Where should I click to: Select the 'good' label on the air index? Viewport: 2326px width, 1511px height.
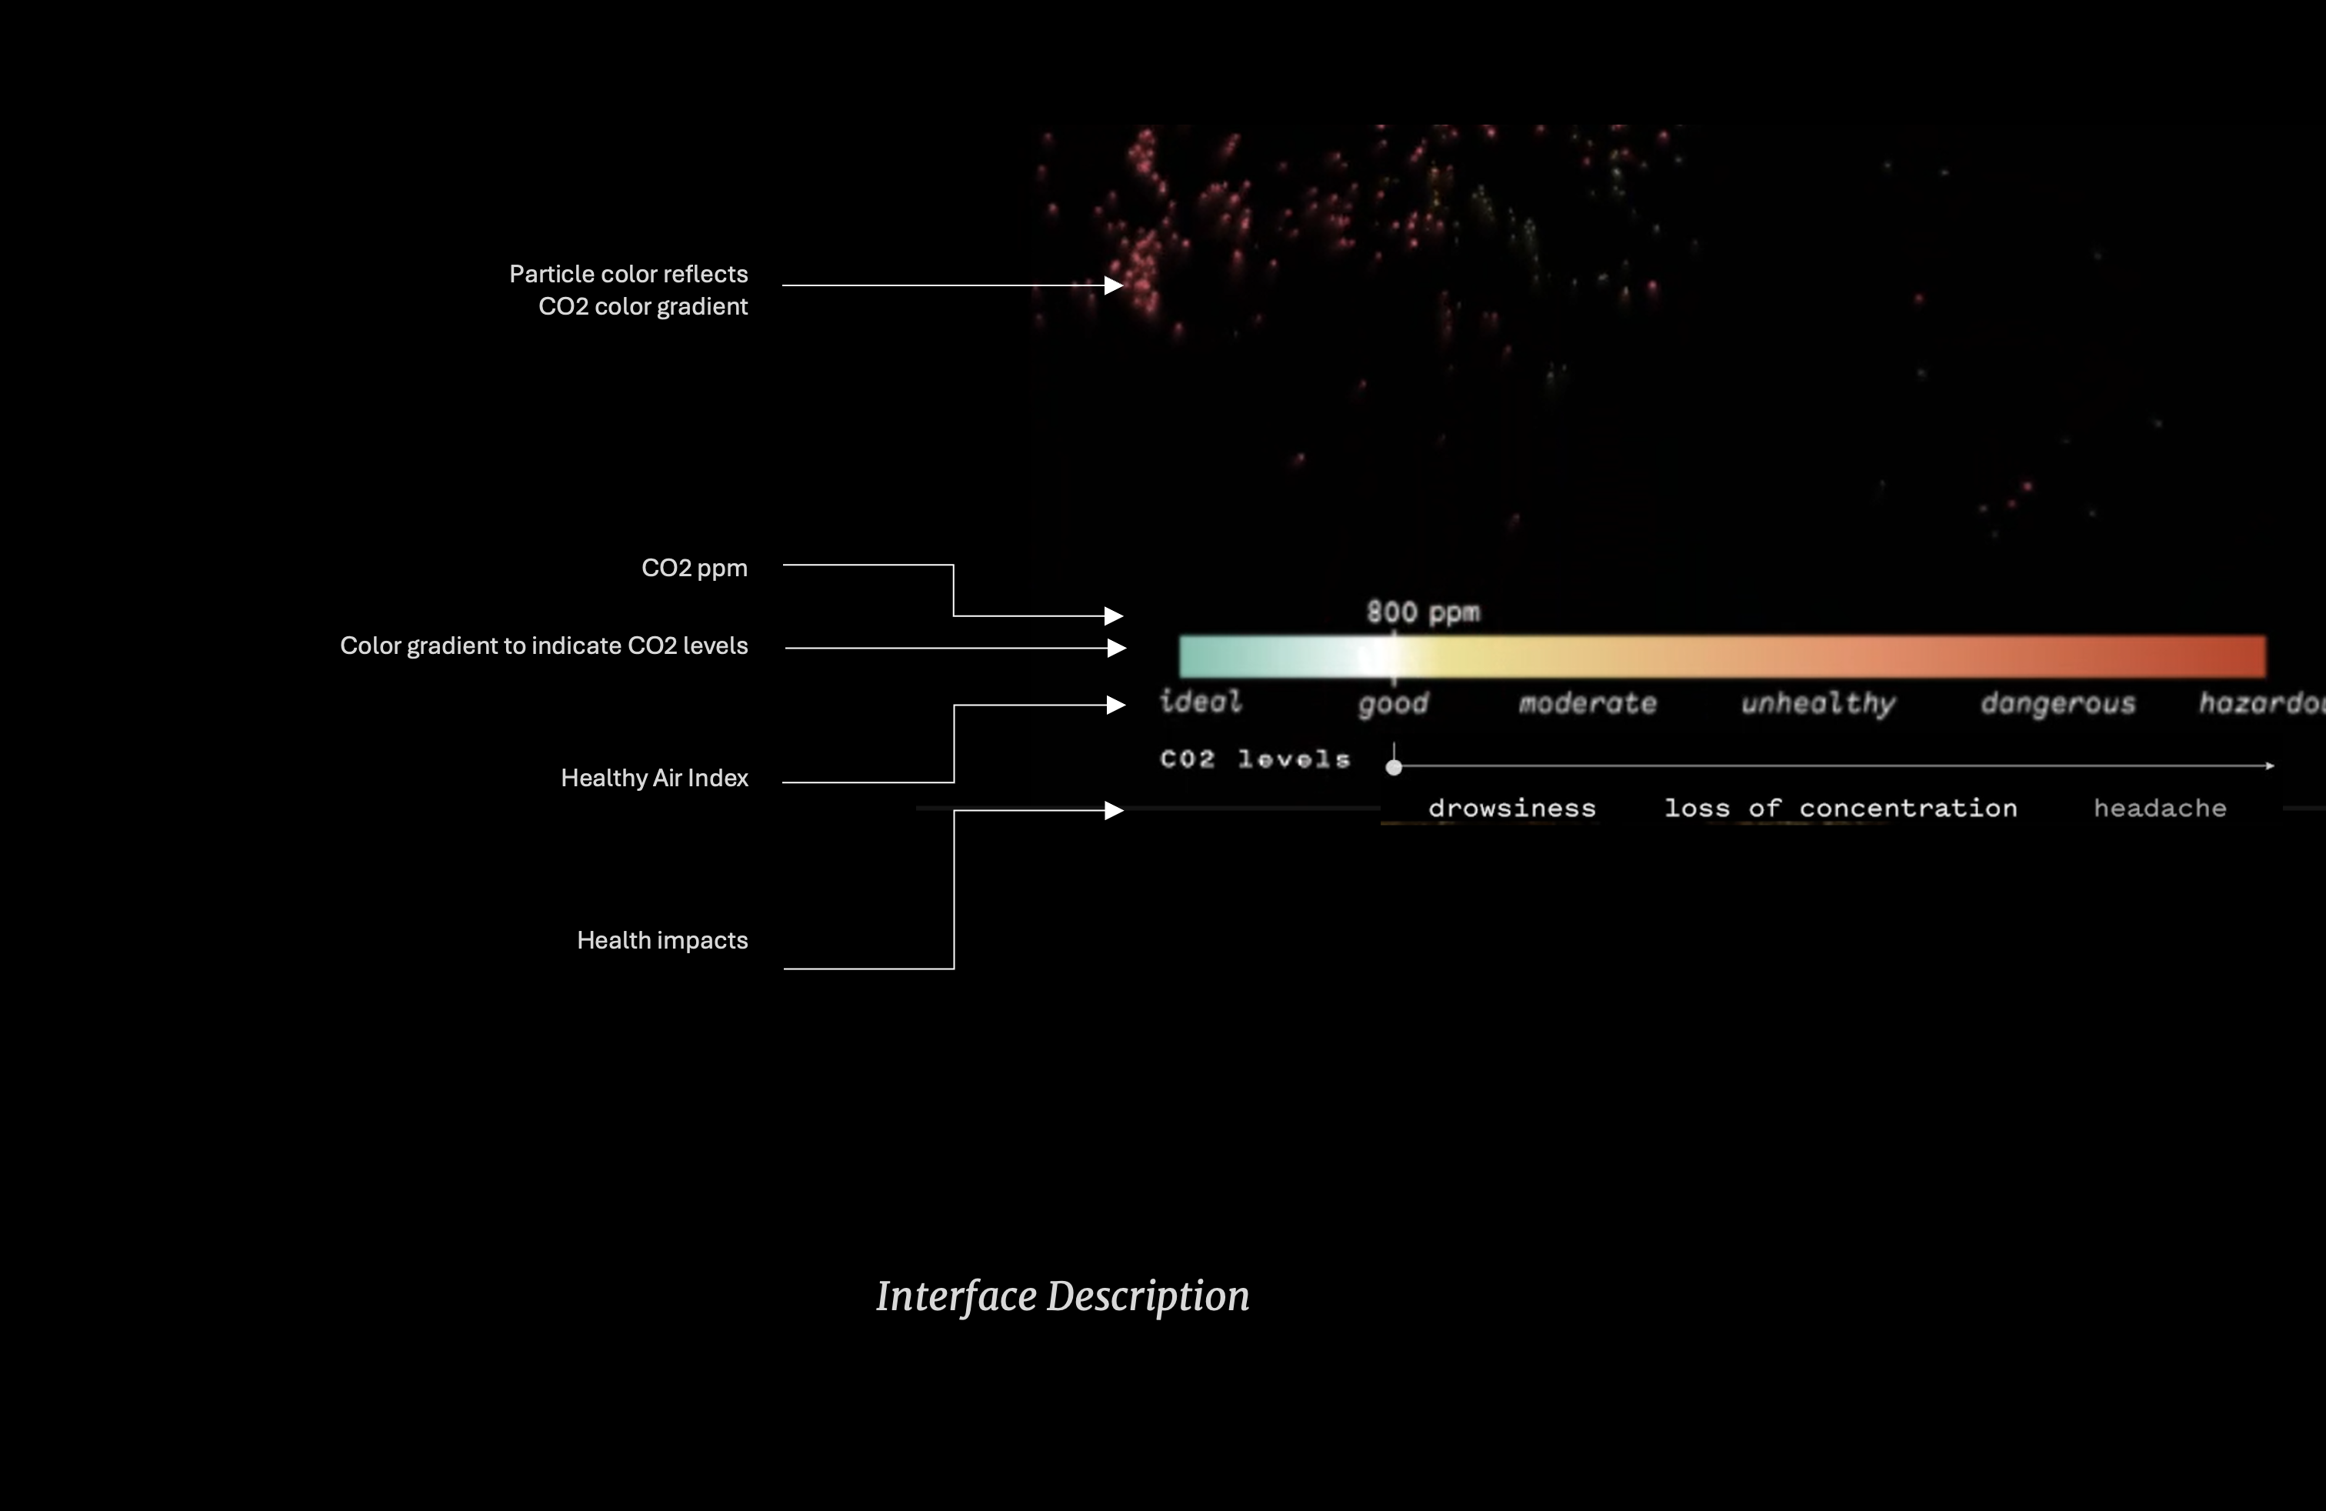pos(1394,704)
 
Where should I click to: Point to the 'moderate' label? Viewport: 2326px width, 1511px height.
pos(1587,704)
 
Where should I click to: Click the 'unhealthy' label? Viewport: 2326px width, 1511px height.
pos(1818,704)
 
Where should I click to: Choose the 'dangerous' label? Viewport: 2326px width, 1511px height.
pos(2058,704)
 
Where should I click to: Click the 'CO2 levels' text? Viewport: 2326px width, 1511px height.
pos(1255,759)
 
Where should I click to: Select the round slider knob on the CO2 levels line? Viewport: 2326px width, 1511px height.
pos(1394,767)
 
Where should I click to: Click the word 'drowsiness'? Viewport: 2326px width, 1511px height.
pos(1512,809)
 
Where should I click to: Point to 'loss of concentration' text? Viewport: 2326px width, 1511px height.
pos(1841,809)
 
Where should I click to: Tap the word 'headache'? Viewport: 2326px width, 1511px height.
pos(2160,809)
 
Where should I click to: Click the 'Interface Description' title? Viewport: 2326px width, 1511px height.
pos(1062,1297)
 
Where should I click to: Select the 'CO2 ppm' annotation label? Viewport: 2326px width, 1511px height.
pos(694,568)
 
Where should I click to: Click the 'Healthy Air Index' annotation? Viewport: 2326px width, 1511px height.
pos(654,778)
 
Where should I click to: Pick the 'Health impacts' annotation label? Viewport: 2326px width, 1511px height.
pos(661,940)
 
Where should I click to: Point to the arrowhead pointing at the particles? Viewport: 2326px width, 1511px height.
pos(1114,285)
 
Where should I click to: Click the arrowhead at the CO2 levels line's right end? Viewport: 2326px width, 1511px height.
pos(2269,766)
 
